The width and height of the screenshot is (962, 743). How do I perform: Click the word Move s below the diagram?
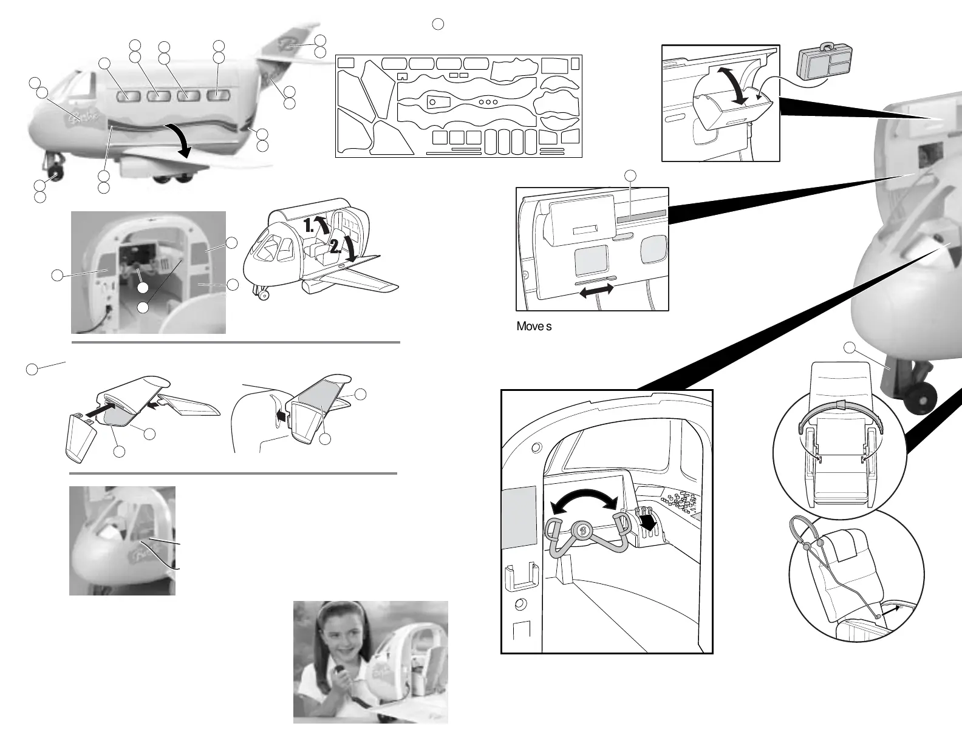pyautogui.click(x=534, y=326)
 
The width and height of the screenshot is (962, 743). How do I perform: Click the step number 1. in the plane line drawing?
pyautogui.click(x=309, y=226)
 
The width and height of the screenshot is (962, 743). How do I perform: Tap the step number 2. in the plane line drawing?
pyautogui.click(x=335, y=246)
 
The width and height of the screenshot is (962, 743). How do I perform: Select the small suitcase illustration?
pyautogui.click(x=822, y=61)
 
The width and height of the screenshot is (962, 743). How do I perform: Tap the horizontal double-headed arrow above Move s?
pyautogui.click(x=597, y=292)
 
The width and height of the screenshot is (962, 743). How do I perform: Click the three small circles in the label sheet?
pyautogui.click(x=488, y=102)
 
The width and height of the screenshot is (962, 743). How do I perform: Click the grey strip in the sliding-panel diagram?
pyautogui.click(x=641, y=215)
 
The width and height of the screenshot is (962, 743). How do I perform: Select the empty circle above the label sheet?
pyautogui.click(x=438, y=24)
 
